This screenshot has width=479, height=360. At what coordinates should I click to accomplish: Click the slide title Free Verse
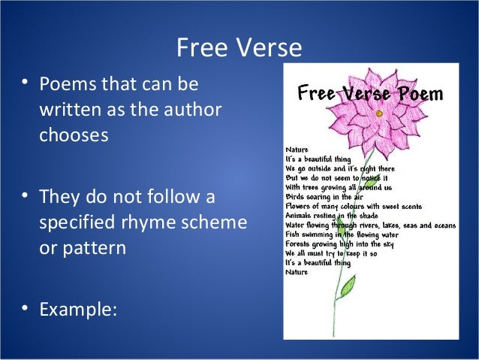tap(239, 48)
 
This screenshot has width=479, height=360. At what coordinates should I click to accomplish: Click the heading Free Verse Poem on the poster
tap(370, 94)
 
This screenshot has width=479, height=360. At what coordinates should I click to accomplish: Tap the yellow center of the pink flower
tap(380, 113)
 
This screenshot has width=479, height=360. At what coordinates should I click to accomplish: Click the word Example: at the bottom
tap(79, 308)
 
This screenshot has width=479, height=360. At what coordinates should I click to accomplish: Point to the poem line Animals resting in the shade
tap(331, 215)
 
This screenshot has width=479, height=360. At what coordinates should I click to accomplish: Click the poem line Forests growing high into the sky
tap(337, 244)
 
